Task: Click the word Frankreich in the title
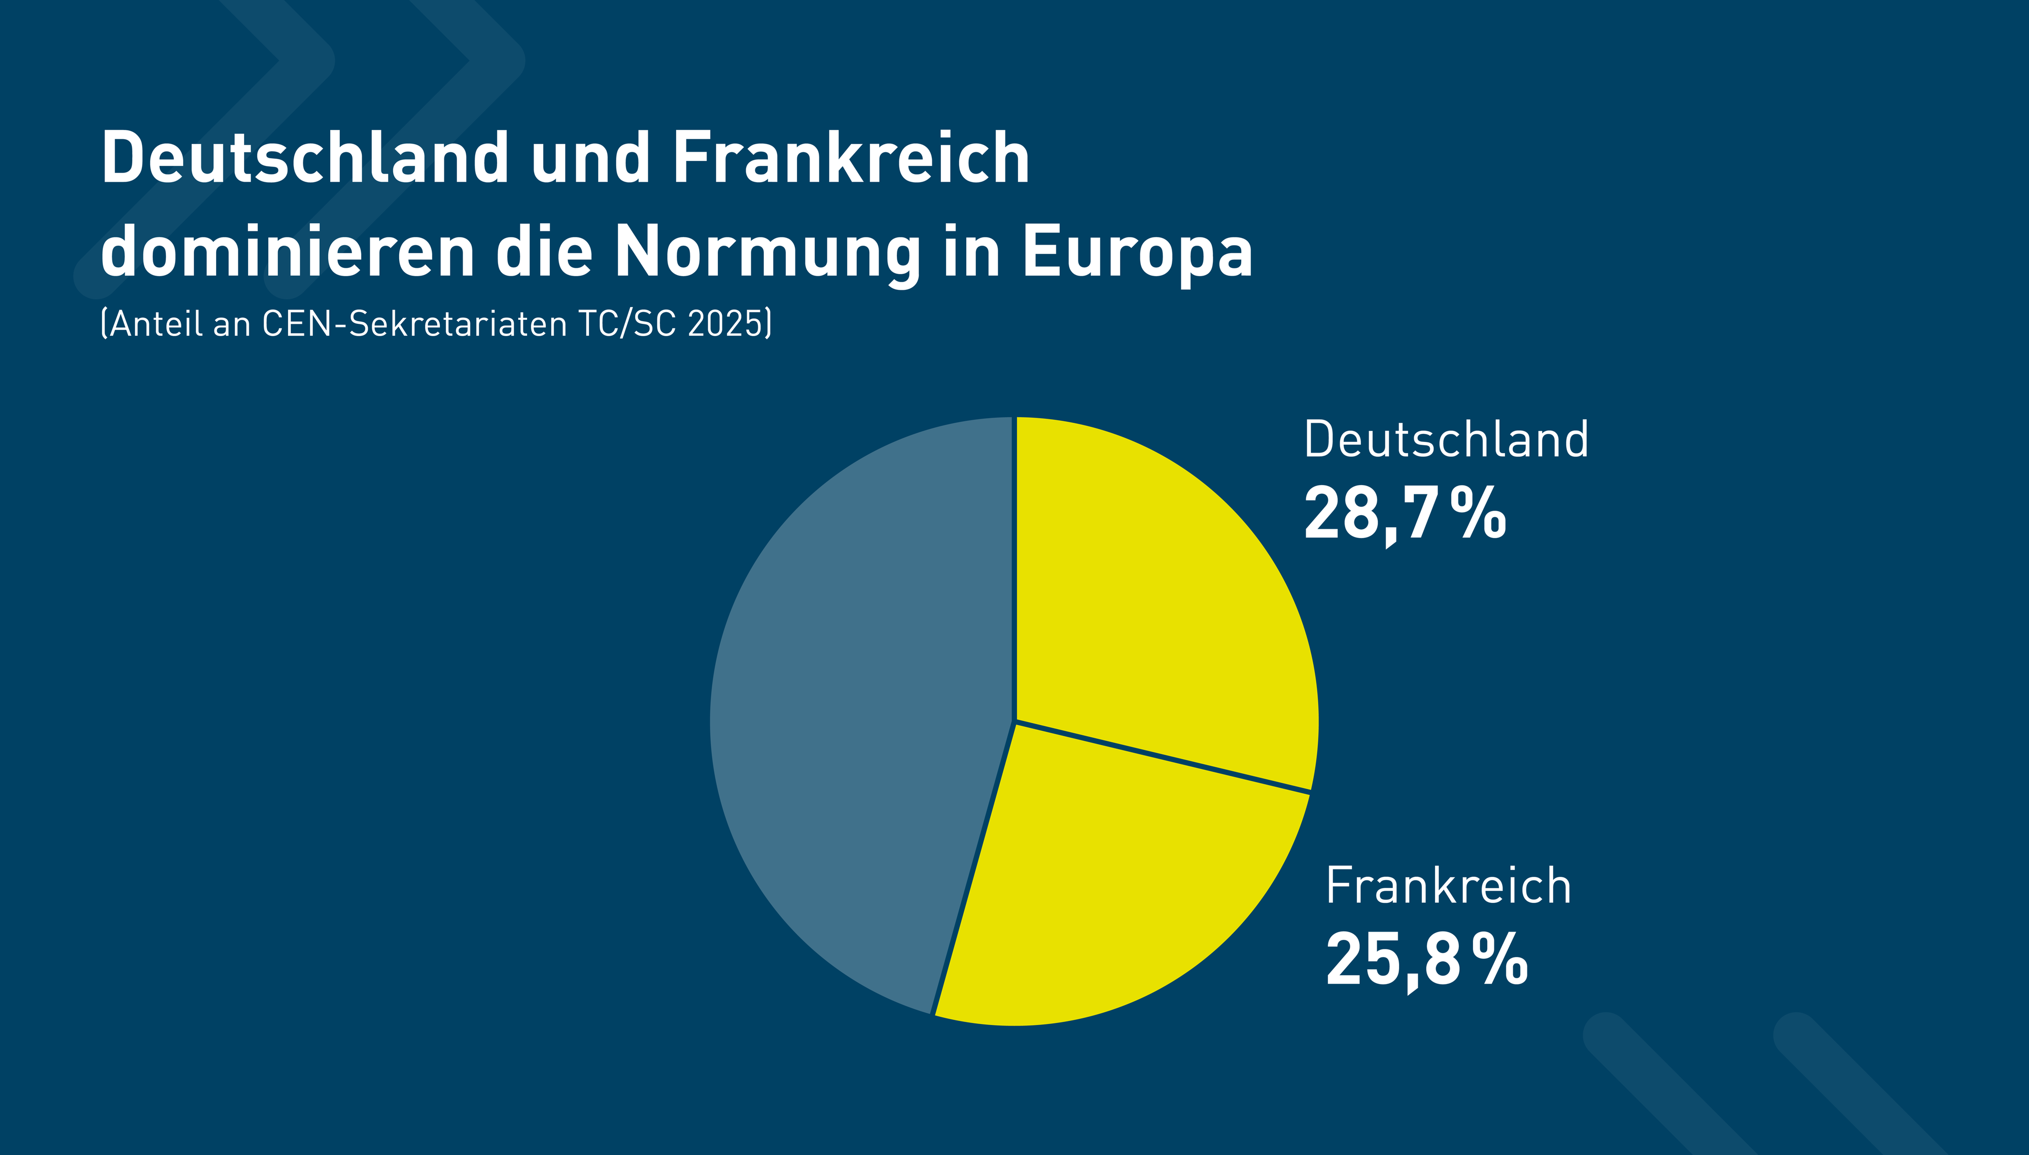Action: coord(851,158)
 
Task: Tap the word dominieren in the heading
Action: coord(287,252)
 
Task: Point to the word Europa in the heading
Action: coord(1137,252)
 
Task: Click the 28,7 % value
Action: coord(1404,514)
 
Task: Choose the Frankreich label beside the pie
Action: coord(1448,886)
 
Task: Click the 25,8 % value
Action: coord(1425,960)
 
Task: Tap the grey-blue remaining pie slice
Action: coord(856,714)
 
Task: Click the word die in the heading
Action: coord(544,252)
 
